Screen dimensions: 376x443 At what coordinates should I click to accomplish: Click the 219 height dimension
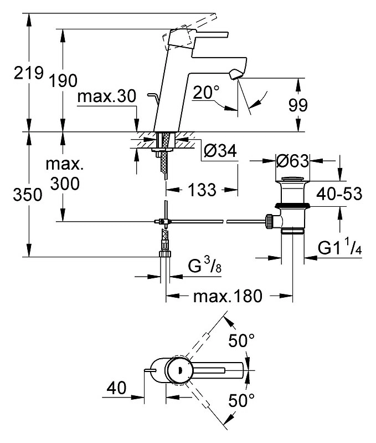(x=29, y=73)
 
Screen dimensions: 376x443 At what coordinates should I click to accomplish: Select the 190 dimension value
(x=63, y=80)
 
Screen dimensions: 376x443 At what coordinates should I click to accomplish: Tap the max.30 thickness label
(x=107, y=96)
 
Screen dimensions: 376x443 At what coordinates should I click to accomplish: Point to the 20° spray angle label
(x=206, y=93)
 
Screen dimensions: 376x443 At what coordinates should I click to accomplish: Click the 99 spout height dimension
(x=298, y=105)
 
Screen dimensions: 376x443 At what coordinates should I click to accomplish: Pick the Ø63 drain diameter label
(x=292, y=161)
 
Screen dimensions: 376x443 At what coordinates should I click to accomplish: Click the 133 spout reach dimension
(x=202, y=190)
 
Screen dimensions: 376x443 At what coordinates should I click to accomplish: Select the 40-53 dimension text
(x=339, y=194)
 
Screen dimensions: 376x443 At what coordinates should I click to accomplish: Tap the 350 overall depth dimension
(x=28, y=195)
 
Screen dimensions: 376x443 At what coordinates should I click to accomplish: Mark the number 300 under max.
(x=65, y=184)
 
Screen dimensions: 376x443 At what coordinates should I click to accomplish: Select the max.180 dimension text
(x=228, y=296)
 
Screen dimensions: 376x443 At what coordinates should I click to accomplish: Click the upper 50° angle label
(x=241, y=340)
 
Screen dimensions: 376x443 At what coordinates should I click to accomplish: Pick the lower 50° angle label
(x=241, y=400)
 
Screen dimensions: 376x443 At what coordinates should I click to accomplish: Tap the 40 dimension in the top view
(x=116, y=388)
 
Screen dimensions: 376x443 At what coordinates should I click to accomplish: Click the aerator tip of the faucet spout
(x=236, y=75)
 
